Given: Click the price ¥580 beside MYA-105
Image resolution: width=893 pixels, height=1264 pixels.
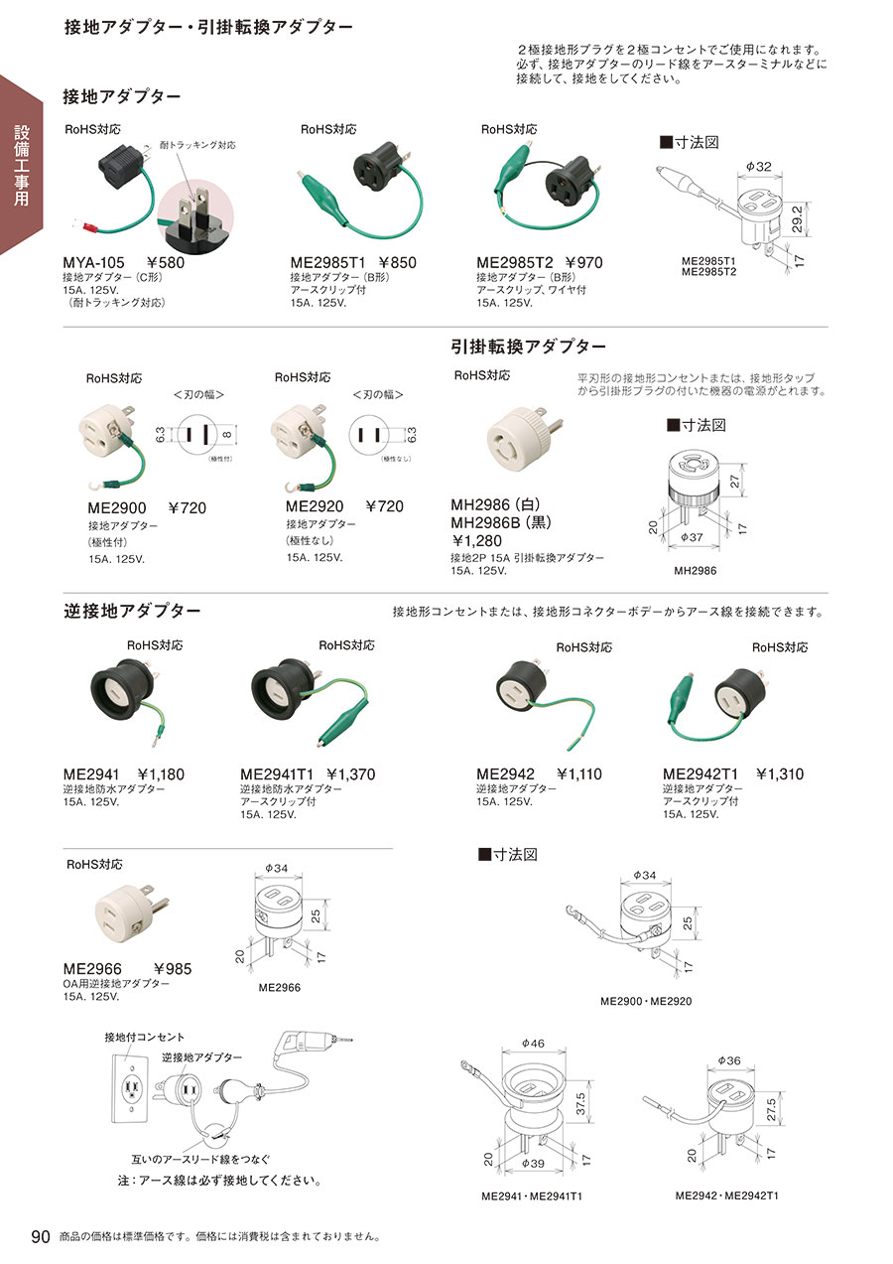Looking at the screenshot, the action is click(165, 263).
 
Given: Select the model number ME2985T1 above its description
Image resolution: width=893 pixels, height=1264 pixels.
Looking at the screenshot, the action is click(328, 263).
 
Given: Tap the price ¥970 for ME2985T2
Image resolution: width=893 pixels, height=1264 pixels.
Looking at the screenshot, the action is click(583, 263).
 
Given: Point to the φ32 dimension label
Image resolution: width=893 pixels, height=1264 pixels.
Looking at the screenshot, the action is click(758, 167).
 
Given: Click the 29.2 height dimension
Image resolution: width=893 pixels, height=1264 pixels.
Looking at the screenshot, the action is click(797, 219).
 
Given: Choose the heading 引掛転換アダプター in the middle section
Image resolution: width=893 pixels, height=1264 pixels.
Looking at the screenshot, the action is click(528, 347).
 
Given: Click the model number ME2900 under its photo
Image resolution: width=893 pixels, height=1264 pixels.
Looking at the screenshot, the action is click(117, 507).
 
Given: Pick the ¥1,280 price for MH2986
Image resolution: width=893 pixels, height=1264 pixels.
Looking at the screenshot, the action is click(477, 540).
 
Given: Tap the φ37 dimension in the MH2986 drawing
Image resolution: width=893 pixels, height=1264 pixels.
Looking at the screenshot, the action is click(692, 537).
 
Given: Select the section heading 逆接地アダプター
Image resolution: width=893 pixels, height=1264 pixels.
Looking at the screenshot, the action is click(132, 611).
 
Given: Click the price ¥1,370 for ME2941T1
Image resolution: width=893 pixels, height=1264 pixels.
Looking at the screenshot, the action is click(350, 774).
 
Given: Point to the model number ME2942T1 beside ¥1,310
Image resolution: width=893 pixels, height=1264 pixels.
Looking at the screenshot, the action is click(701, 774).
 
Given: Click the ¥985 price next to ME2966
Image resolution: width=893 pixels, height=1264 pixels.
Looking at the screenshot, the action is click(173, 969).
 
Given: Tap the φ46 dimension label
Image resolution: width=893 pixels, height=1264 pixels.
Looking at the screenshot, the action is click(533, 1044).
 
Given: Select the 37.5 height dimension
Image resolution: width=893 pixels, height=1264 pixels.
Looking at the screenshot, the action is click(580, 1104).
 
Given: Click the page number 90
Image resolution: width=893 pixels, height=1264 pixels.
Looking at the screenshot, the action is click(41, 1236).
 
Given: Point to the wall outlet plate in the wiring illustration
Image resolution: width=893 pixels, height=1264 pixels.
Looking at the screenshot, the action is click(132, 1087).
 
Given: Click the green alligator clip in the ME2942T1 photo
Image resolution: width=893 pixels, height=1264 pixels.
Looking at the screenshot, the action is click(680, 699).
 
